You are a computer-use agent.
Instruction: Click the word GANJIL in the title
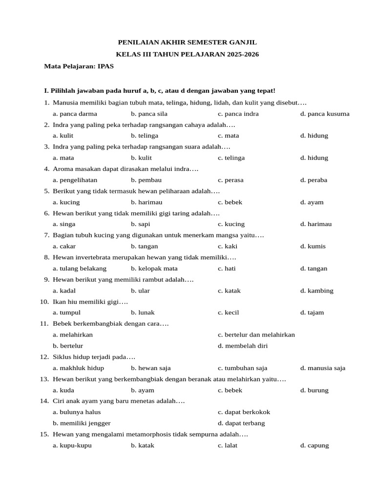coord(241,42)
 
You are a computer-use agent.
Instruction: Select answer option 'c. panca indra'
coord(238,114)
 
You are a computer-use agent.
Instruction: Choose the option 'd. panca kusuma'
coord(325,114)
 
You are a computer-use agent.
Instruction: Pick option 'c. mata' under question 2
coord(229,136)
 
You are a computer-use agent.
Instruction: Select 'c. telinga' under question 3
coord(231,158)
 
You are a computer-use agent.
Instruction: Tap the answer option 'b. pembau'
coord(146,180)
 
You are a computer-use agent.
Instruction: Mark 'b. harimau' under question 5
coord(146,202)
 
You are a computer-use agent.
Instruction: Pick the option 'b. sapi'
coord(141,224)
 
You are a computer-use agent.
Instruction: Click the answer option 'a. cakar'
coord(64,246)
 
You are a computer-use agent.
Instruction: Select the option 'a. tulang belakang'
coord(80,269)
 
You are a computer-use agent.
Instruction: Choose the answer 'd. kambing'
coord(317,291)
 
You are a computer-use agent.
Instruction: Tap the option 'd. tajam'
coord(312,312)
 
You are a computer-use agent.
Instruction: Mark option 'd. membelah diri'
coord(243,346)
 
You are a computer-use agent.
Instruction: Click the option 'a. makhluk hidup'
coord(79,368)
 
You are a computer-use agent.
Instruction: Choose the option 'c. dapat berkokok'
coord(244,412)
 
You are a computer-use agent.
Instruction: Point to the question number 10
coord(44,302)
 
